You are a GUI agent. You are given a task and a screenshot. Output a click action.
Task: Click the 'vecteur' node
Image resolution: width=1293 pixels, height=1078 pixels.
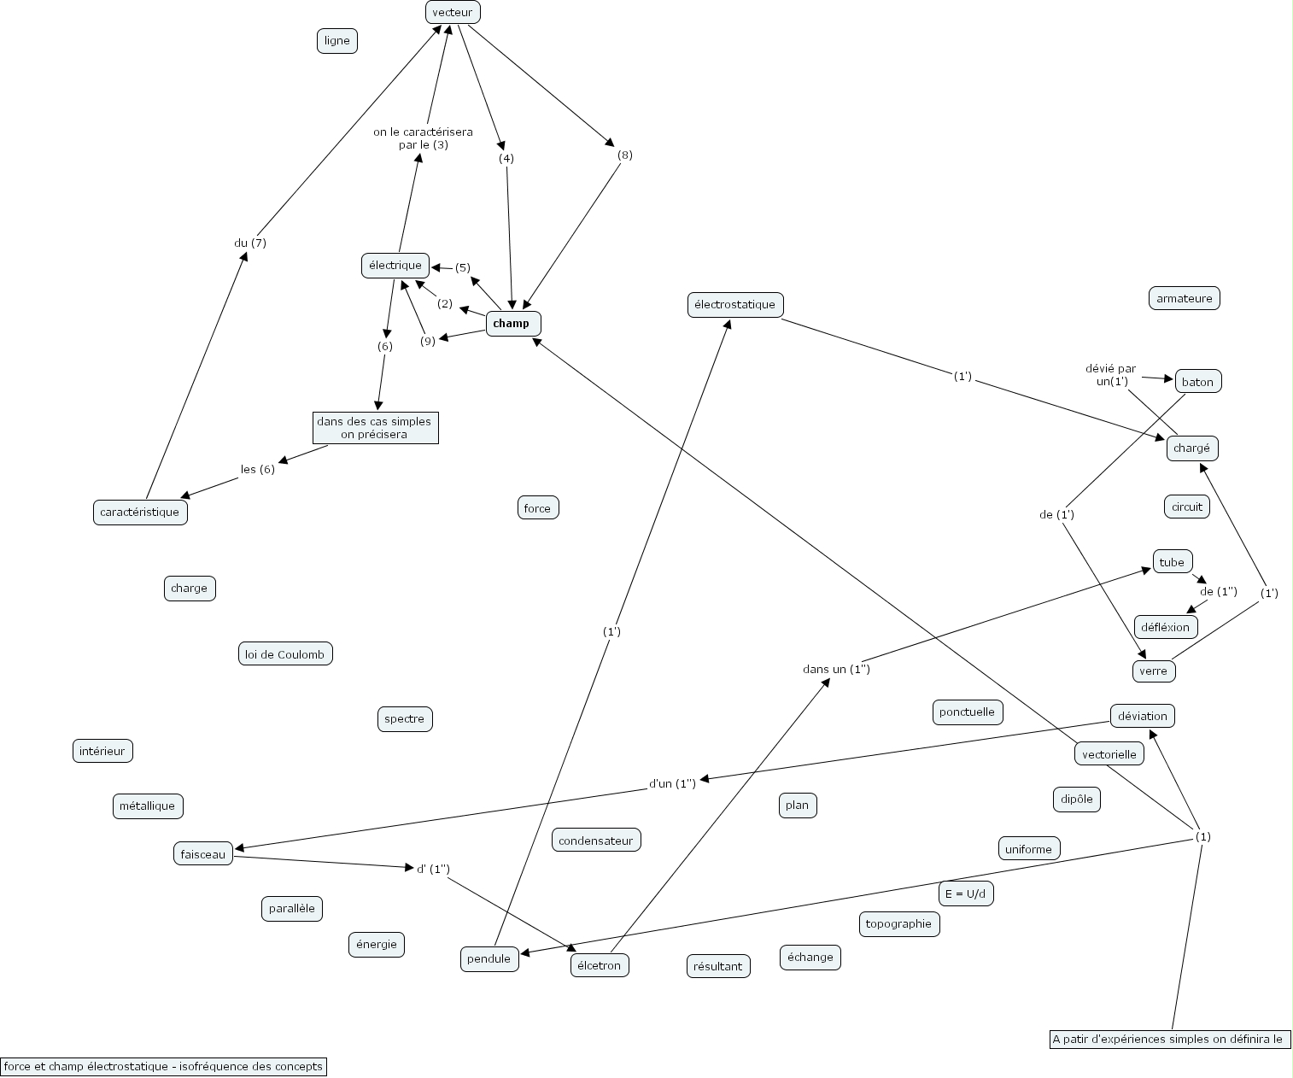point(453,12)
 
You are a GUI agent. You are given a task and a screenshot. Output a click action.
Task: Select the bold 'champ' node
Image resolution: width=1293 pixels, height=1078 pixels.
point(512,324)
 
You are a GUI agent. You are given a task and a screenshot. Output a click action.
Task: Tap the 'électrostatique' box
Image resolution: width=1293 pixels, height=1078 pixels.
point(734,305)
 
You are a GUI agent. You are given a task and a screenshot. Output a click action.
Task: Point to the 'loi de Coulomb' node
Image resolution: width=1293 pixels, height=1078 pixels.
point(284,654)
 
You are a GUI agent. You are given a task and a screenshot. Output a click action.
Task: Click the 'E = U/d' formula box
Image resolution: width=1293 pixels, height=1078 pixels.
point(966,893)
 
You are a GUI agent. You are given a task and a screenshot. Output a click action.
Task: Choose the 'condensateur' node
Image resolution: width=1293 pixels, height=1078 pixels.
point(595,841)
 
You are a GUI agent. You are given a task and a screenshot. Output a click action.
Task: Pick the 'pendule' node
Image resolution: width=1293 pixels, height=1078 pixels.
point(489,958)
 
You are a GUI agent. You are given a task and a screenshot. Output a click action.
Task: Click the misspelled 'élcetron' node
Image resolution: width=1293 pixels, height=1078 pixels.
point(599,965)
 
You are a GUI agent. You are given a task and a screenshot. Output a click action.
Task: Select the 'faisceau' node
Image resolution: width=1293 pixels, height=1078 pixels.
point(202,853)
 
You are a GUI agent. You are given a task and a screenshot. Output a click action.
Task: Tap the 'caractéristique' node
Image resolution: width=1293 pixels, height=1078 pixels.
point(140,513)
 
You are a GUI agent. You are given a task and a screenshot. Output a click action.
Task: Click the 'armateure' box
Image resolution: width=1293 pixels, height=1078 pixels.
point(1184,298)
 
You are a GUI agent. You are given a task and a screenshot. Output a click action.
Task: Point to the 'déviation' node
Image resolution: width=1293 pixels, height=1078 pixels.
point(1142,716)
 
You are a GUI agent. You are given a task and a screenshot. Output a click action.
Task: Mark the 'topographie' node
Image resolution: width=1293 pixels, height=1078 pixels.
point(898,923)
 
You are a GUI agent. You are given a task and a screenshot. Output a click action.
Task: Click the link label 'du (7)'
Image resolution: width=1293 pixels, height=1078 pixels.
point(250,243)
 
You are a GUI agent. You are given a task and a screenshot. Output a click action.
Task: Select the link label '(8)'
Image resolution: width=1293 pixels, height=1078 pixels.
point(625,155)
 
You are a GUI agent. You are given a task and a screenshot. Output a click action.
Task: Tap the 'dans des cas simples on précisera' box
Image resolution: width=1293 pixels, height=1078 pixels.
point(375,428)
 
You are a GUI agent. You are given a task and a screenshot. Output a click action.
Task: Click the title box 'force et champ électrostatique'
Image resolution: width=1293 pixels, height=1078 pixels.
point(163,1066)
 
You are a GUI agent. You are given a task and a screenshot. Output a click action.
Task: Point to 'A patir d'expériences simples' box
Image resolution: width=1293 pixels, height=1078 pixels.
point(1168,1040)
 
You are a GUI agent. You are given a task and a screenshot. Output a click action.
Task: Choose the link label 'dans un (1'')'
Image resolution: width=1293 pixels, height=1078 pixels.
point(836,670)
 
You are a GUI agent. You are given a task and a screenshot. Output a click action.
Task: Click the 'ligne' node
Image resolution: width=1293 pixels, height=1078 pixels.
point(336,41)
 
